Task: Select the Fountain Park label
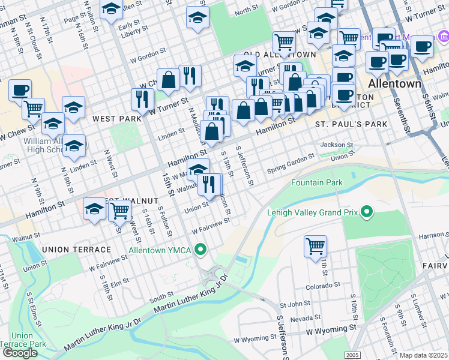pos(316,182)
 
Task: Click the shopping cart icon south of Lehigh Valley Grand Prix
pos(316,245)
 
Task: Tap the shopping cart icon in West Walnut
pos(120,210)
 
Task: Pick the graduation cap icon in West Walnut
pos(94,209)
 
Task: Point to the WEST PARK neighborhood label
pos(116,119)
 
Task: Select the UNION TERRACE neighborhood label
pos(76,249)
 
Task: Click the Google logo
pos(20,352)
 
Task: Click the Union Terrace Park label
pos(22,340)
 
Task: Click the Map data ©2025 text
pos(424,355)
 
